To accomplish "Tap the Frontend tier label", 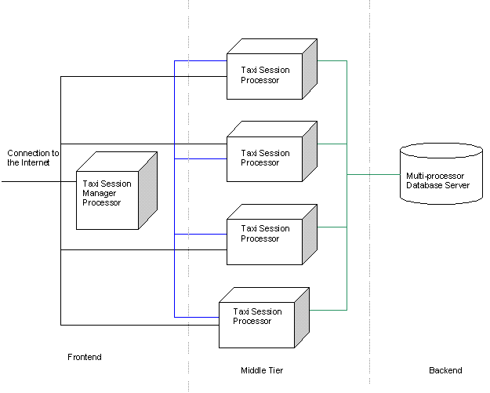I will pos(85,358).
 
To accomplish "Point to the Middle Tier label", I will pos(262,370).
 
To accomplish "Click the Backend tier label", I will pos(445,370).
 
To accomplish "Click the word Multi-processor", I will pos(432,176).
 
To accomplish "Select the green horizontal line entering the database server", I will pos(373,174).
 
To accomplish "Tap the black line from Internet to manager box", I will pos(31,182).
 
